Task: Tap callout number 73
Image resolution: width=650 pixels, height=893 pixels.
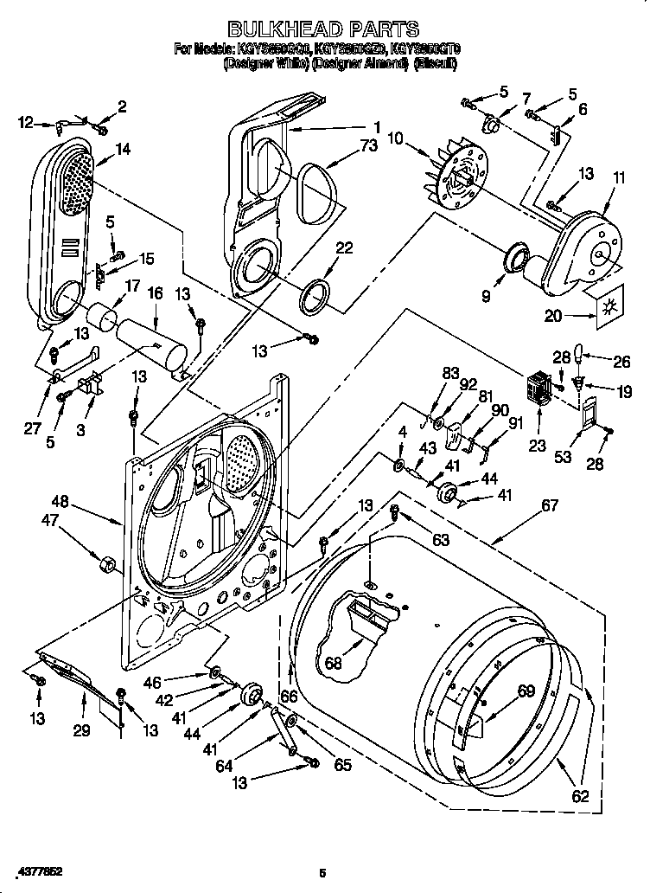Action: click(368, 146)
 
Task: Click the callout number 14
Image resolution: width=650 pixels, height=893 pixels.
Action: click(123, 149)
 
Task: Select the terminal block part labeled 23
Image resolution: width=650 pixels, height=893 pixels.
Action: click(538, 390)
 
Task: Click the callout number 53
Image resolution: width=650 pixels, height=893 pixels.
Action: click(564, 457)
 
